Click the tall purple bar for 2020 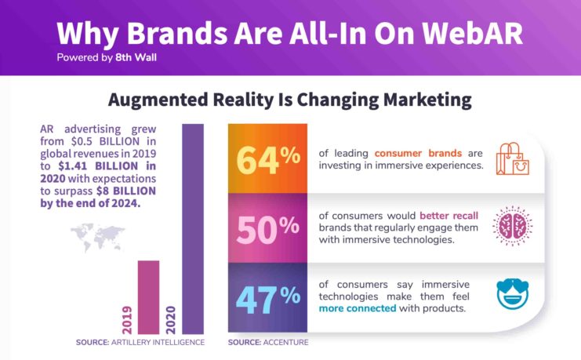[193, 229]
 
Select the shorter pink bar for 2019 [149, 297]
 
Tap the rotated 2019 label [127, 319]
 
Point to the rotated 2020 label [171, 319]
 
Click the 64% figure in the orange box [268, 160]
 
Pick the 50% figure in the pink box [268, 230]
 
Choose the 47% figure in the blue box [268, 300]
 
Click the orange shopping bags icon [513, 158]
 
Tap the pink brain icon [513, 225]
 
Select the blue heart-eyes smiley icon [513, 293]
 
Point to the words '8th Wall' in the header [136, 58]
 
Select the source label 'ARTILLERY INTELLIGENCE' [158, 342]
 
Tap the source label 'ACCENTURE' [285, 342]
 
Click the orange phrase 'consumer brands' [418, 153]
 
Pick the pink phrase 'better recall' [448, 216]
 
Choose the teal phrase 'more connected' [358, 308]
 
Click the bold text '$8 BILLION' [126, 191]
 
